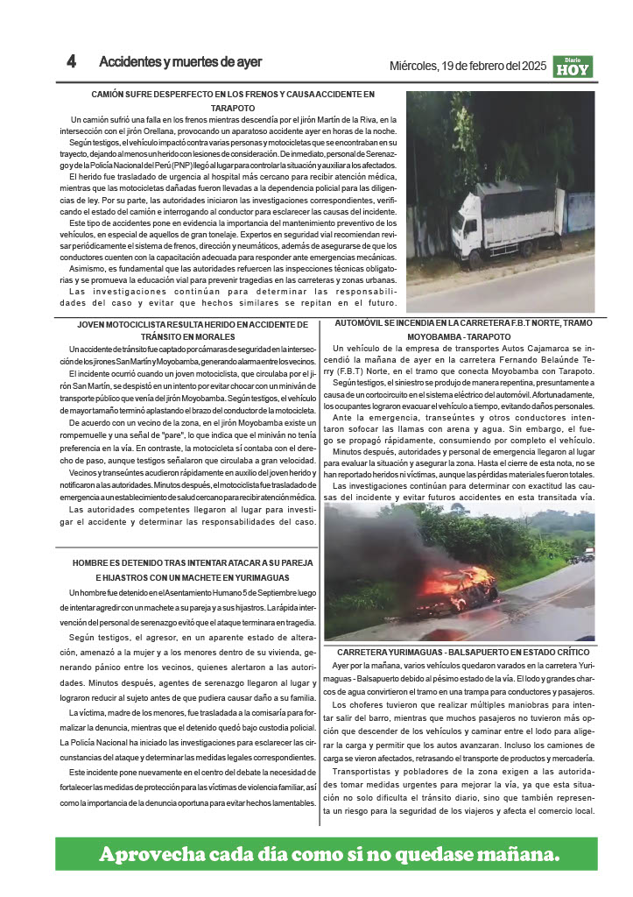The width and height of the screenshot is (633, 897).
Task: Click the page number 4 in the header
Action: tap(72, 63)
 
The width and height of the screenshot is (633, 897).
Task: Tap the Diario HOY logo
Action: tap(573, 67)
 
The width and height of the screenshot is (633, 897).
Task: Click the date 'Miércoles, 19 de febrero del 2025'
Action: tap(468, 67)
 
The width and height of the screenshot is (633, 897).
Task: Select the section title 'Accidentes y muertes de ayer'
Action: tap(180, 63)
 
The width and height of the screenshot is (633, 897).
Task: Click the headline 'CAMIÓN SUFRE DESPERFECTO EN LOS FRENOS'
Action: tap(233, 94)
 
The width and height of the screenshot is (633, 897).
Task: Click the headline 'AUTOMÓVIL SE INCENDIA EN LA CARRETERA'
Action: tap(464, 323)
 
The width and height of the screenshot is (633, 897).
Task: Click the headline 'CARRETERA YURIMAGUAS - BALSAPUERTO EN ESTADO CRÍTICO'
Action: tap(463, 653)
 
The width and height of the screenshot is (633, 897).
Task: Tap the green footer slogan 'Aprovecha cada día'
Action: tap(328, 854)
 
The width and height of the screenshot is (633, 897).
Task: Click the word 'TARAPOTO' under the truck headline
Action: tap(233, 107)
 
